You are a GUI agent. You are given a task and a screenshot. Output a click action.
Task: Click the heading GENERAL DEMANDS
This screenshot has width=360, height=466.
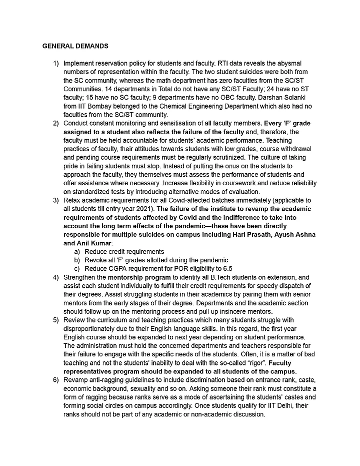click(74, 46)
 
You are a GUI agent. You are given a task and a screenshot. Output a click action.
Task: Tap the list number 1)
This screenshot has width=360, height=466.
click(55, 64)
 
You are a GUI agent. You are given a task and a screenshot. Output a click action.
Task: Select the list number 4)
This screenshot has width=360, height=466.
click(55, 277)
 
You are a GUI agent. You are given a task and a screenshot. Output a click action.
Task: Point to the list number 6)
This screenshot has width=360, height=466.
click(55, 381)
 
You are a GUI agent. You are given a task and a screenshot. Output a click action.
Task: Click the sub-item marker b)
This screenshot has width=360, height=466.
click(77, 259)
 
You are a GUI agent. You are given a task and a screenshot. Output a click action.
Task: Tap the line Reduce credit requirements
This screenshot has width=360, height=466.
click(124, 251)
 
